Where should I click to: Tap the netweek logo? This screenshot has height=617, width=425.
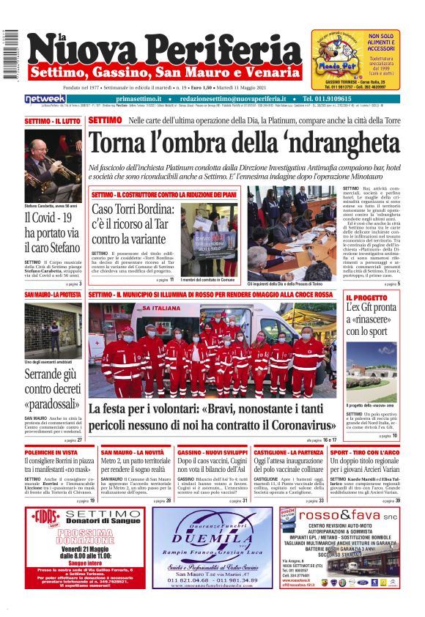(x=45, y=99)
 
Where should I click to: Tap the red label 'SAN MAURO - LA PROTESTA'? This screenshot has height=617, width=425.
(x=52, y=295)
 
